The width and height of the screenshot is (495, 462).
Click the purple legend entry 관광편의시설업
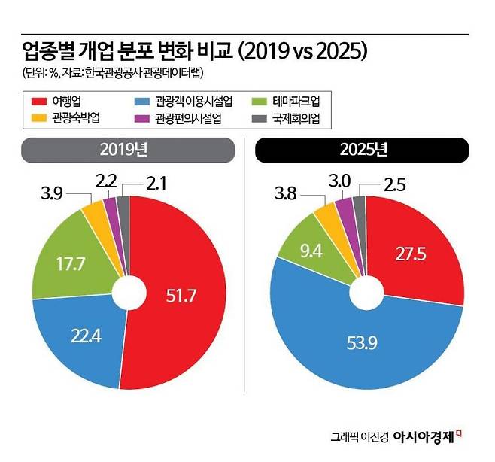[x=195, y=117]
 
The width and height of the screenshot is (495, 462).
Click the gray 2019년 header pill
[x=123, y=150]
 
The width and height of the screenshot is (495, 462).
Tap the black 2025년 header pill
[x=361, y=150]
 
